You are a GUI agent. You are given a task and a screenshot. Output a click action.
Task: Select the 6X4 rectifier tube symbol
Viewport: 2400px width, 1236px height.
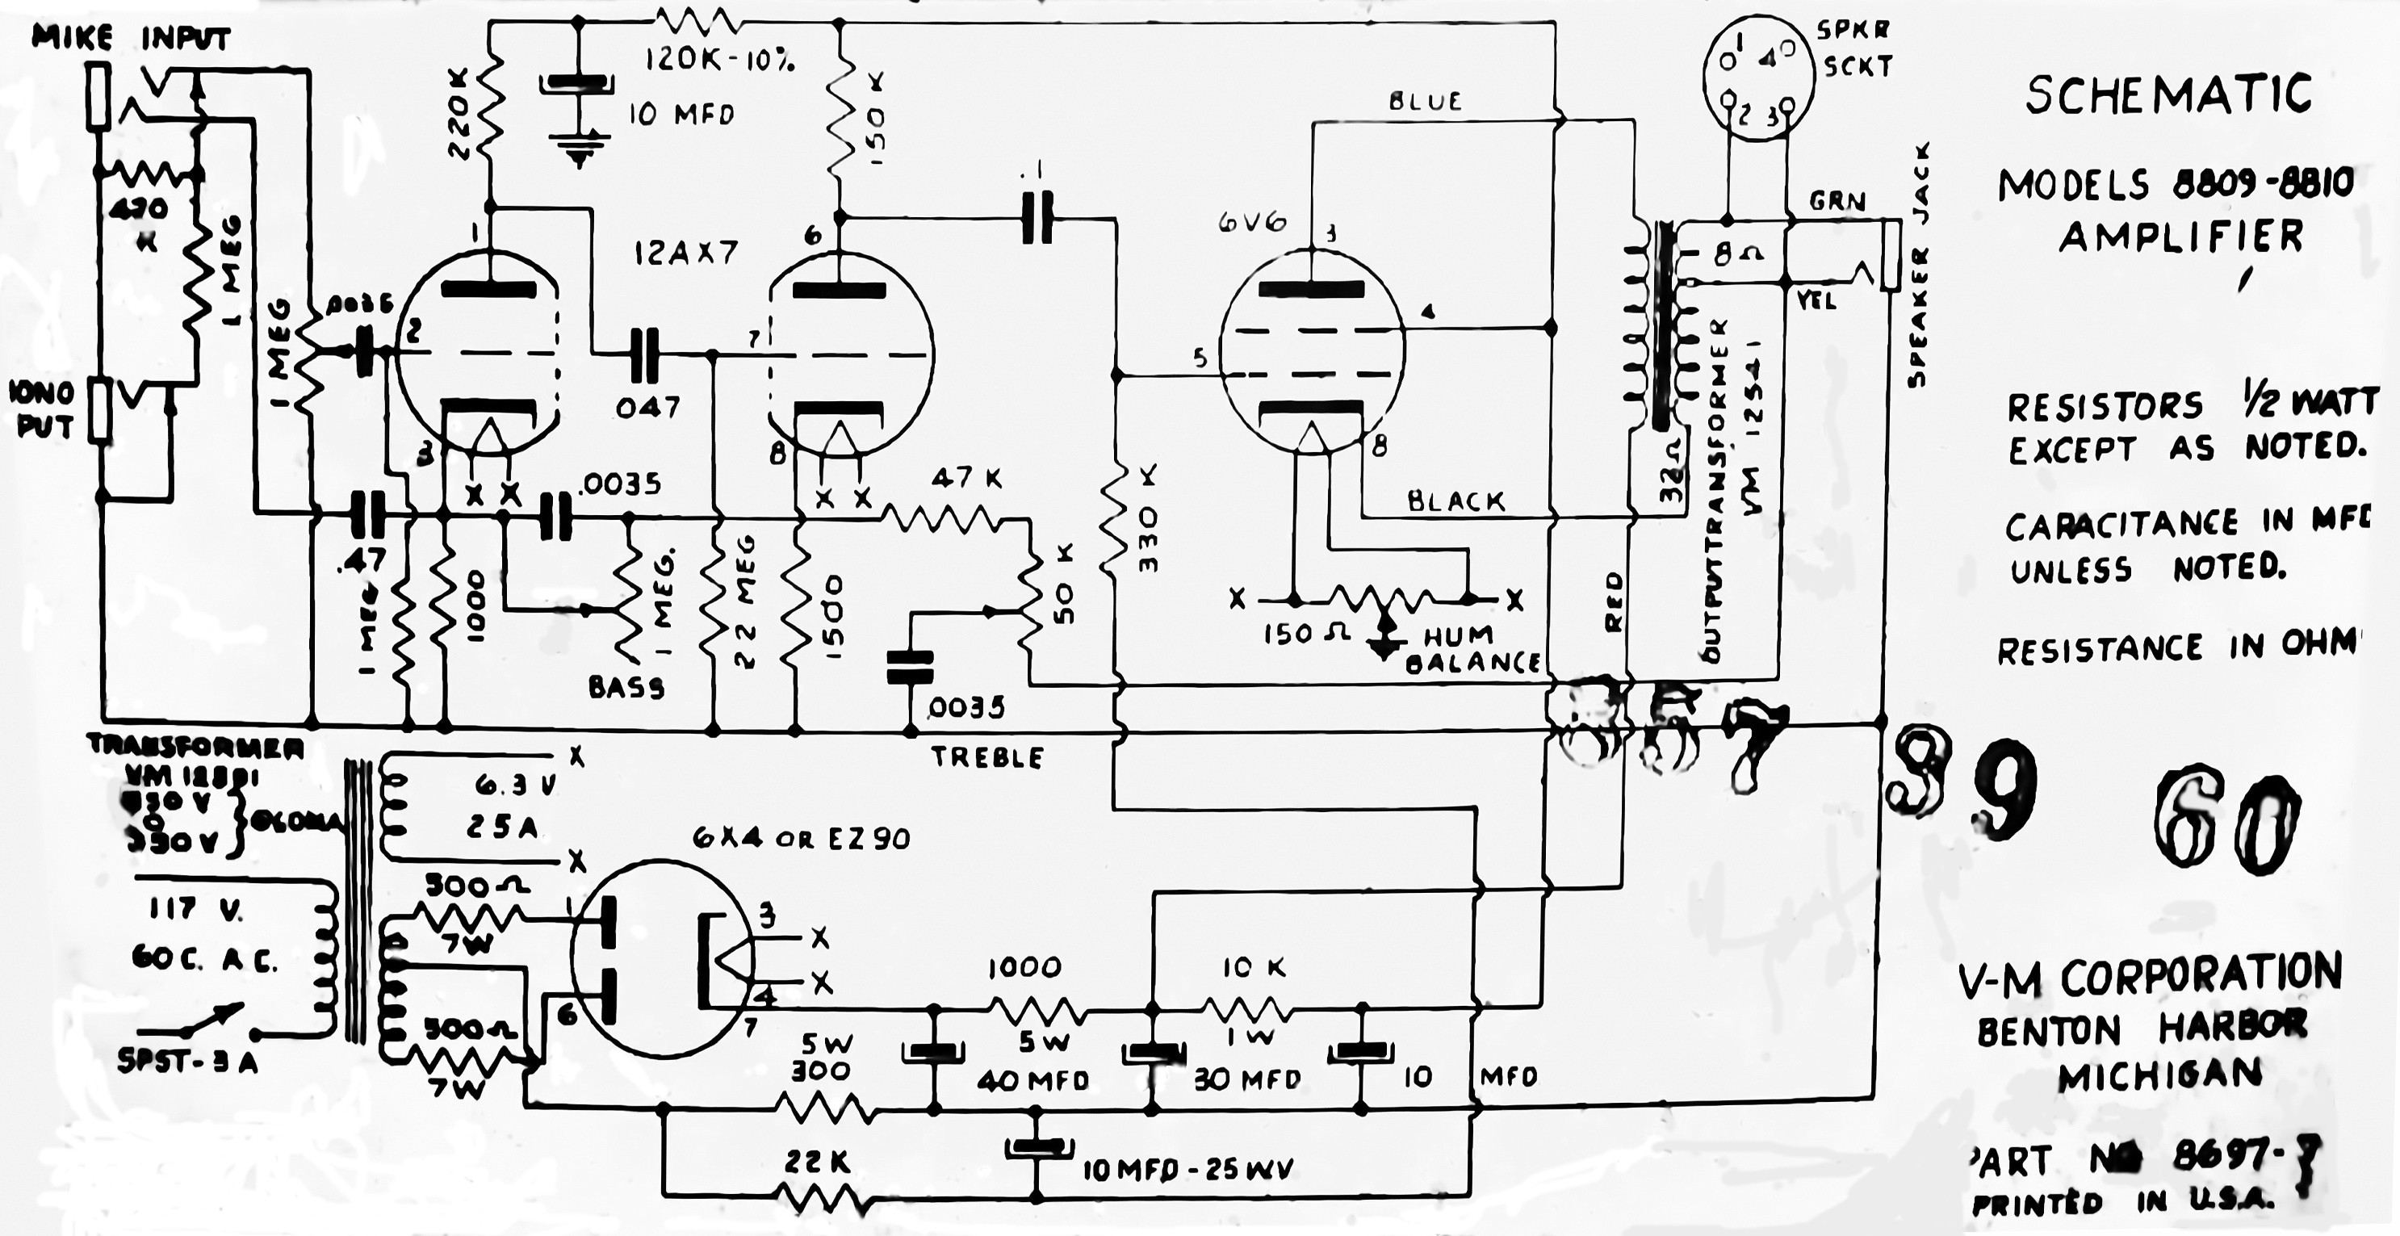pos(661,958)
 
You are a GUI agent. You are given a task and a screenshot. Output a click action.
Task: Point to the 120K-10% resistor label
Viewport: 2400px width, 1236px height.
pos(720,61)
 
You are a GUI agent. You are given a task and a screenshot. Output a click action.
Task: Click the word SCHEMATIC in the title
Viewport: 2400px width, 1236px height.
pos(2168,95)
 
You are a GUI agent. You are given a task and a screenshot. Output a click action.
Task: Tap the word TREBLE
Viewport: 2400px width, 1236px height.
pos(987,757)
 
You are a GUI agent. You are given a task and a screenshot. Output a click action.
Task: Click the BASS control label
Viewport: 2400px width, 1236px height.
pos(626,687)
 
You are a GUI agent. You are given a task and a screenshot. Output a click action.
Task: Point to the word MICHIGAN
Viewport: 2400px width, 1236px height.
pos(2159,1077)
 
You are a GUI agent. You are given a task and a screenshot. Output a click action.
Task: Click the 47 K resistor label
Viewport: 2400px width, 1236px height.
pos(967,479)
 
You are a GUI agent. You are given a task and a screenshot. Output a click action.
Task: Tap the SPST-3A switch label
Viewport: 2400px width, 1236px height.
pos(187,1062)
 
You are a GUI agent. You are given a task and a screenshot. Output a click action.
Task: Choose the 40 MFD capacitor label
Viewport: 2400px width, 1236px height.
pos(1032,1080)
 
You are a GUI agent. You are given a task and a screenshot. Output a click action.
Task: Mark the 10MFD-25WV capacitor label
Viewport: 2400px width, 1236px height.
pos(1187,1170)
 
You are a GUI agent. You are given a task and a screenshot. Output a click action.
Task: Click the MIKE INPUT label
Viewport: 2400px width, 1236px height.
pos(132,38)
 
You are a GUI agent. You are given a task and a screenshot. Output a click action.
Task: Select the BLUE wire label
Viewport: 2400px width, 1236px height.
pos(1425,101)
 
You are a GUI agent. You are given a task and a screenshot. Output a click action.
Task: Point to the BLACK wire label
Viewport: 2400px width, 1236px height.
pos(1455,502)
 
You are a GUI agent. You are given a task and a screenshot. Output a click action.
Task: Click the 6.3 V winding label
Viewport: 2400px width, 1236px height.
pos(514,786)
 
